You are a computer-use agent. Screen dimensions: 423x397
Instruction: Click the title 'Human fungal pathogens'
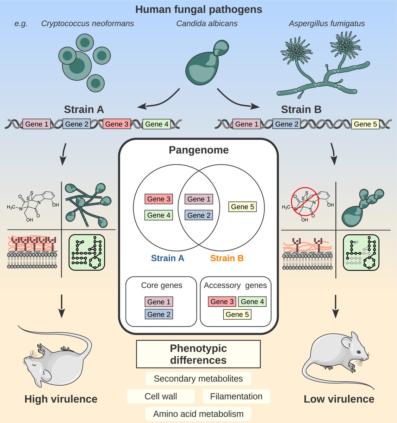(x=199, y=10)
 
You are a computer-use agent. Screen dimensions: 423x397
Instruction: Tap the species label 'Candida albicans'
(x=207, y=24)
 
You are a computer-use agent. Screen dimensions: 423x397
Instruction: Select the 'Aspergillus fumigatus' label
(x=327, y=24)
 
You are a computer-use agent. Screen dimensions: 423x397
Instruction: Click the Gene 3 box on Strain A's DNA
(x=117, y=124)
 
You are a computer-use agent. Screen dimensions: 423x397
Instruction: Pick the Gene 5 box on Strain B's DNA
(x=365, y=124)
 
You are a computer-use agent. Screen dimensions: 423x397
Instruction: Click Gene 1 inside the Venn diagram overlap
(x=199, y=199)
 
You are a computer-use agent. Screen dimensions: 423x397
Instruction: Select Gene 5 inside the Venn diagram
(x=242, y=207)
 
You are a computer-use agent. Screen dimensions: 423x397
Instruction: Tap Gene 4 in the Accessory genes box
(x=252, y=302)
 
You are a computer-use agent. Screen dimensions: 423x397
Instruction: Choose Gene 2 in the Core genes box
(x=159, y=314)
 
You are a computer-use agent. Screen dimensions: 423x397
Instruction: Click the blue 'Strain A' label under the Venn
(x=167, y=258)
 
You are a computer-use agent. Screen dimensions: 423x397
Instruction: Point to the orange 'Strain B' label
(x=227, y=258)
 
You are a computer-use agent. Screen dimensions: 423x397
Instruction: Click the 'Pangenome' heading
(x=199, y=150)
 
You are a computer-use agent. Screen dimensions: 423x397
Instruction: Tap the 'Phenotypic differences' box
(x=198, y=354)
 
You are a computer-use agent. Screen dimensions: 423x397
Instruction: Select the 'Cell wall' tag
(x=161, y=397)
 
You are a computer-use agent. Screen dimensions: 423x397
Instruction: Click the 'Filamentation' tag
(x=236, y=397)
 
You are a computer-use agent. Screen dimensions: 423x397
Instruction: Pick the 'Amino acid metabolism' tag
(x=198, y=414)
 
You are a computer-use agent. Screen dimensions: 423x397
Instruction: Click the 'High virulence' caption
(x=61, y=399)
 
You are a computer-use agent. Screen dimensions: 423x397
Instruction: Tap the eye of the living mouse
(x=358, y=352)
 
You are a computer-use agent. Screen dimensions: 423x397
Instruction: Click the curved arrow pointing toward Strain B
(x=236, y=99)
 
